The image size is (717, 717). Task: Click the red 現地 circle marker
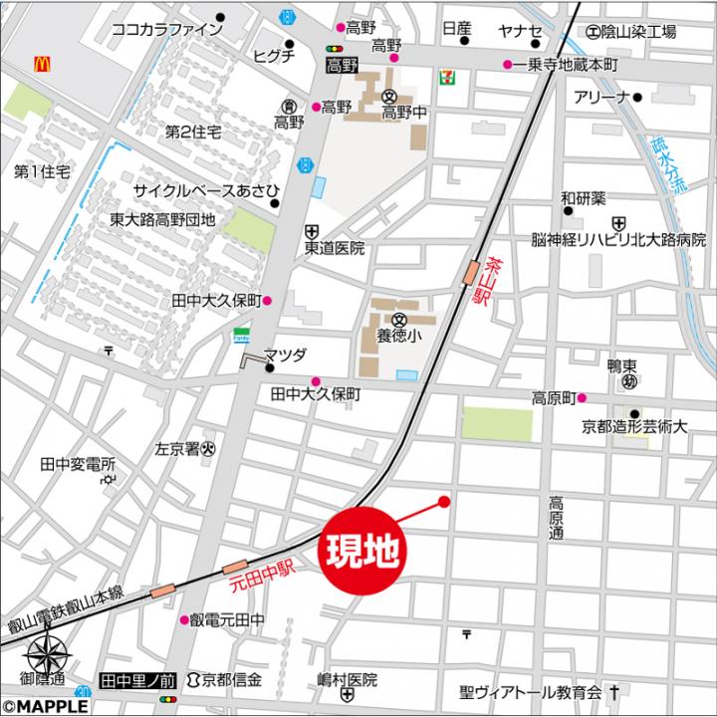[358, 551]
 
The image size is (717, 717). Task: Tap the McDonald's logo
[42, 64]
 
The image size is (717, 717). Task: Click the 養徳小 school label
[398, 336]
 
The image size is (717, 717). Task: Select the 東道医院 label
[335, 248]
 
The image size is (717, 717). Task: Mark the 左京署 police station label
[178, 449]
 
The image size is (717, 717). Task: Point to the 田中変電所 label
[79, 464]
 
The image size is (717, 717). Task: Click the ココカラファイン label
[166, 29]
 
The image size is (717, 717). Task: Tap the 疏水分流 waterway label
[668, 164]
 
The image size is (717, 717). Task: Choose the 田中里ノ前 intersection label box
[138, 680]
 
